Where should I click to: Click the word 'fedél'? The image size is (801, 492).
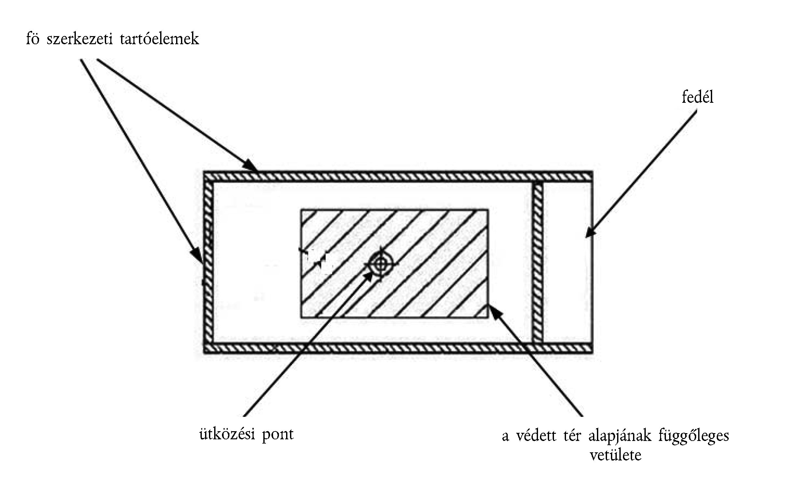coord(697,98)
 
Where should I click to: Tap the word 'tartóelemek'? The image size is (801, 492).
coord(159,39)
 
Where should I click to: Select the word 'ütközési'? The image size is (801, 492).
coord(227,434)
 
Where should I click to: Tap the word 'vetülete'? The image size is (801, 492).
coord(615,455)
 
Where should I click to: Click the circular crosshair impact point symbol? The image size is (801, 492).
coord(380,264)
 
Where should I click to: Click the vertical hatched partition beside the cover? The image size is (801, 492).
coord(538,263)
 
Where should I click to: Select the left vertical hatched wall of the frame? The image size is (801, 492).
coord(208,263)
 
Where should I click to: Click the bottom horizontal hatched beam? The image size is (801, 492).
coord(397,348)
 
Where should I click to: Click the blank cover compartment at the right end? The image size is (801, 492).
coord(567,263)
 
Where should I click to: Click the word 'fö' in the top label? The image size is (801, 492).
coord(33,39)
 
